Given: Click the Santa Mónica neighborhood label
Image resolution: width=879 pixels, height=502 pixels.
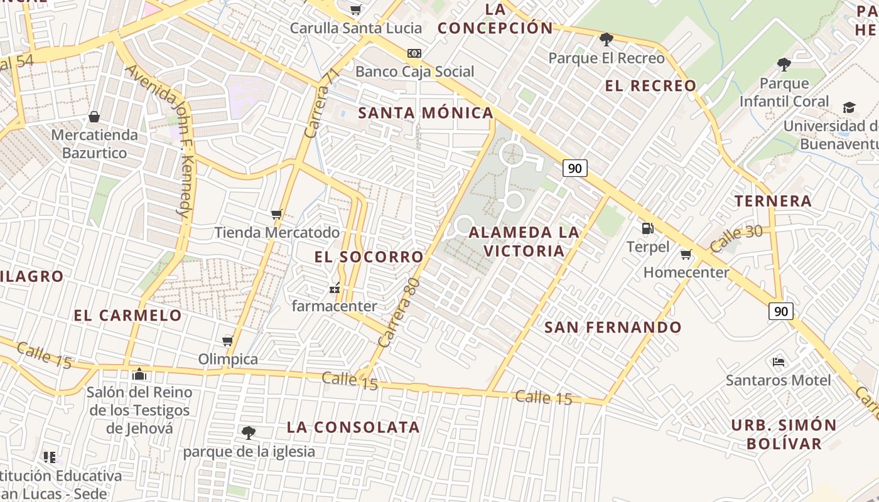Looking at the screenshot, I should pyautogui.click(x=426, y=113).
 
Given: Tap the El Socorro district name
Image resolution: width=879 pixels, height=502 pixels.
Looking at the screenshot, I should pyautogui.click(x=369, y=257).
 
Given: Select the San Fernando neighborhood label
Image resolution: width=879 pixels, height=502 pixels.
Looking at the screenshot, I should pyautogui.click(x=613, y=327).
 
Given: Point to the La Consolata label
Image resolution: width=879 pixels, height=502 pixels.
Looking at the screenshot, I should pyautogui.click(x=353, y=427).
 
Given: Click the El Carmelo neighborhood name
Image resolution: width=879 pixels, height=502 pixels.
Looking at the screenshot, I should pyautogui.click(x=128, y=315).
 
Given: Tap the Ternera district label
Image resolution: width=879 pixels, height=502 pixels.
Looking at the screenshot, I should pyautogui.click(x=774, y=201).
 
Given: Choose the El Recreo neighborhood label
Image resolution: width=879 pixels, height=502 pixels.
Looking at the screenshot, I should pyautogui.click(x=650, y=86).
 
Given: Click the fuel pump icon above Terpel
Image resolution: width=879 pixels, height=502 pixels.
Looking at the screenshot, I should pyautogui.click(x=648, y=228).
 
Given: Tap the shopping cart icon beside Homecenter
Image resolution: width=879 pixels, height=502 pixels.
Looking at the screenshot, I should pyautogui.click(x=686, y=254).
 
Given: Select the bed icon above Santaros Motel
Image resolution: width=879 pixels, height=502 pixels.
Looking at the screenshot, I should pyautogui.click(x=779, y=361).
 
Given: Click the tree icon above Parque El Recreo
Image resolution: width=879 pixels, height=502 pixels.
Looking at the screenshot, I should pyautogui.click(x=606, y=40).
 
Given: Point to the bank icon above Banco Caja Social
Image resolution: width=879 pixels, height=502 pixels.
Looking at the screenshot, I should pyautogui.click(x=414, y=53).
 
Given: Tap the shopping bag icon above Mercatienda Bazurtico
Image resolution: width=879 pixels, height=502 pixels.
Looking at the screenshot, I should pyautogui.click(x=94, y=117).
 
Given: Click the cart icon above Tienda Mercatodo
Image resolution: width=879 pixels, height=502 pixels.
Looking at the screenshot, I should pyautogui.click(x=277, y=214).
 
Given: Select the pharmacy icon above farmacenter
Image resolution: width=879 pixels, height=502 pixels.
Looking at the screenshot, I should pyautogui.click(x=335, y=289).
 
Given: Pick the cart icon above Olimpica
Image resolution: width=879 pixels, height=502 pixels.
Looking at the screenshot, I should pyautogui.click(x=228, y=341).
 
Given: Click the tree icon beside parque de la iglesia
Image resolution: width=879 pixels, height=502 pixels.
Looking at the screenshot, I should pyautogui.click(x=249, y=432).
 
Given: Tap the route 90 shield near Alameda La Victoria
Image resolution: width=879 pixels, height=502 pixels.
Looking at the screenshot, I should pyautogui.click(x=574, y=168).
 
